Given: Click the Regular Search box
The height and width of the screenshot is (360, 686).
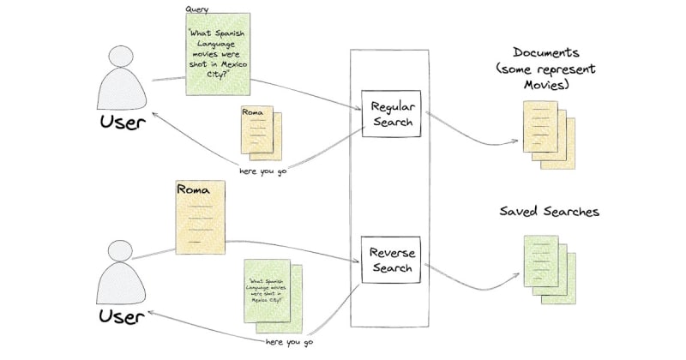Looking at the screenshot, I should pos(391,113).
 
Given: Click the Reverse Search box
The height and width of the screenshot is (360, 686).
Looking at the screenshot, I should pos(391,261).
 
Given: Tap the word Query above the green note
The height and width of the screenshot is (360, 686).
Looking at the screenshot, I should pos(196,9).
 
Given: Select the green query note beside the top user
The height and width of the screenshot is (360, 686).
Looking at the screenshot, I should pos(218,54).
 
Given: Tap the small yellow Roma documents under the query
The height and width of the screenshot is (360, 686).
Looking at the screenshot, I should pos(260,133).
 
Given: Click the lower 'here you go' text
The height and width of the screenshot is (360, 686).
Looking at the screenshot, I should pos(291,341).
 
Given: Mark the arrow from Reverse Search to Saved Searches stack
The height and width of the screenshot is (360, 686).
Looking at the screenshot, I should pos(472,273).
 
